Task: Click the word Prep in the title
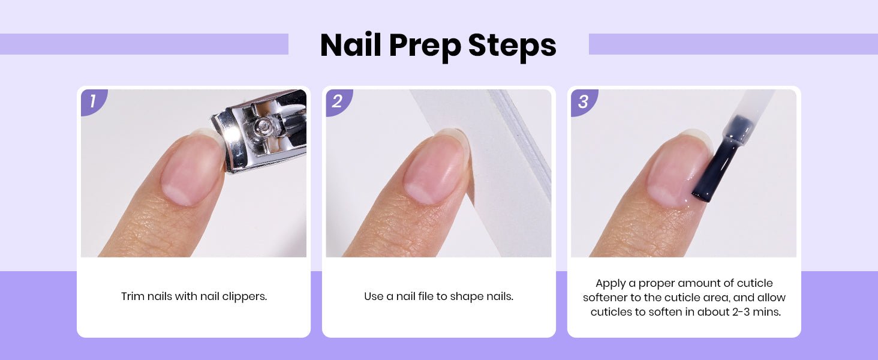(x=425, y=46)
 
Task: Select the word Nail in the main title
(x=350, y=45)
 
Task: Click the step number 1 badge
(x=94, y=101)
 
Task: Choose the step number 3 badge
(x=584, y=101)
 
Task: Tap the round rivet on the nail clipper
(x=262, y=126)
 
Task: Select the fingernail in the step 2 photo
(x=436, y=167)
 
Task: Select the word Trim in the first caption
(x=133, y=296)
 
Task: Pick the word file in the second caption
(x=426, y=296)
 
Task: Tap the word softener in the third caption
(x=605, y=297)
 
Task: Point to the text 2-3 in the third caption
(x=742, y=312)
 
